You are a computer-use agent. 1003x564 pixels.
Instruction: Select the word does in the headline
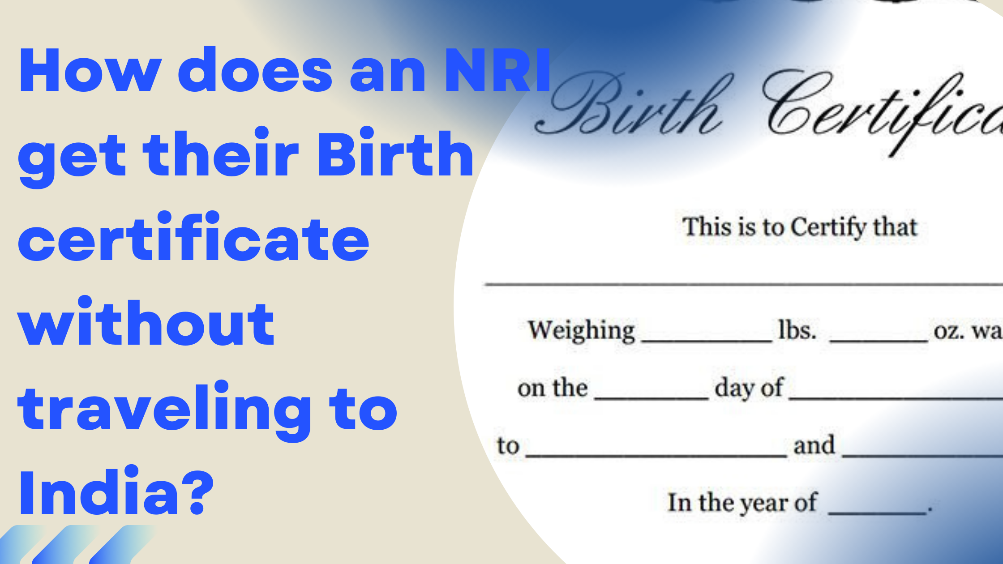[255, 71]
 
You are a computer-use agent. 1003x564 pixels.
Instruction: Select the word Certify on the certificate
[828, 227]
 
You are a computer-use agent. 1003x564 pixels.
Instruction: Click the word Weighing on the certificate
[581, 331]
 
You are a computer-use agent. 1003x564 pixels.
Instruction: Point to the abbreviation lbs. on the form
[797, 331]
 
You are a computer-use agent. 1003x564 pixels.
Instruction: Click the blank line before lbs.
[707, 340]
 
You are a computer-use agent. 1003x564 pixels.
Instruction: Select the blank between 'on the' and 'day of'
[652, 397]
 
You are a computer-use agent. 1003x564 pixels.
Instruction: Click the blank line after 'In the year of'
[877, 512]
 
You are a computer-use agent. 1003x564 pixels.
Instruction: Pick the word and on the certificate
[814, 445]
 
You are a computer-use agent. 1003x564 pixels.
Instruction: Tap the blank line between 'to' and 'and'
[656, 455]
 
